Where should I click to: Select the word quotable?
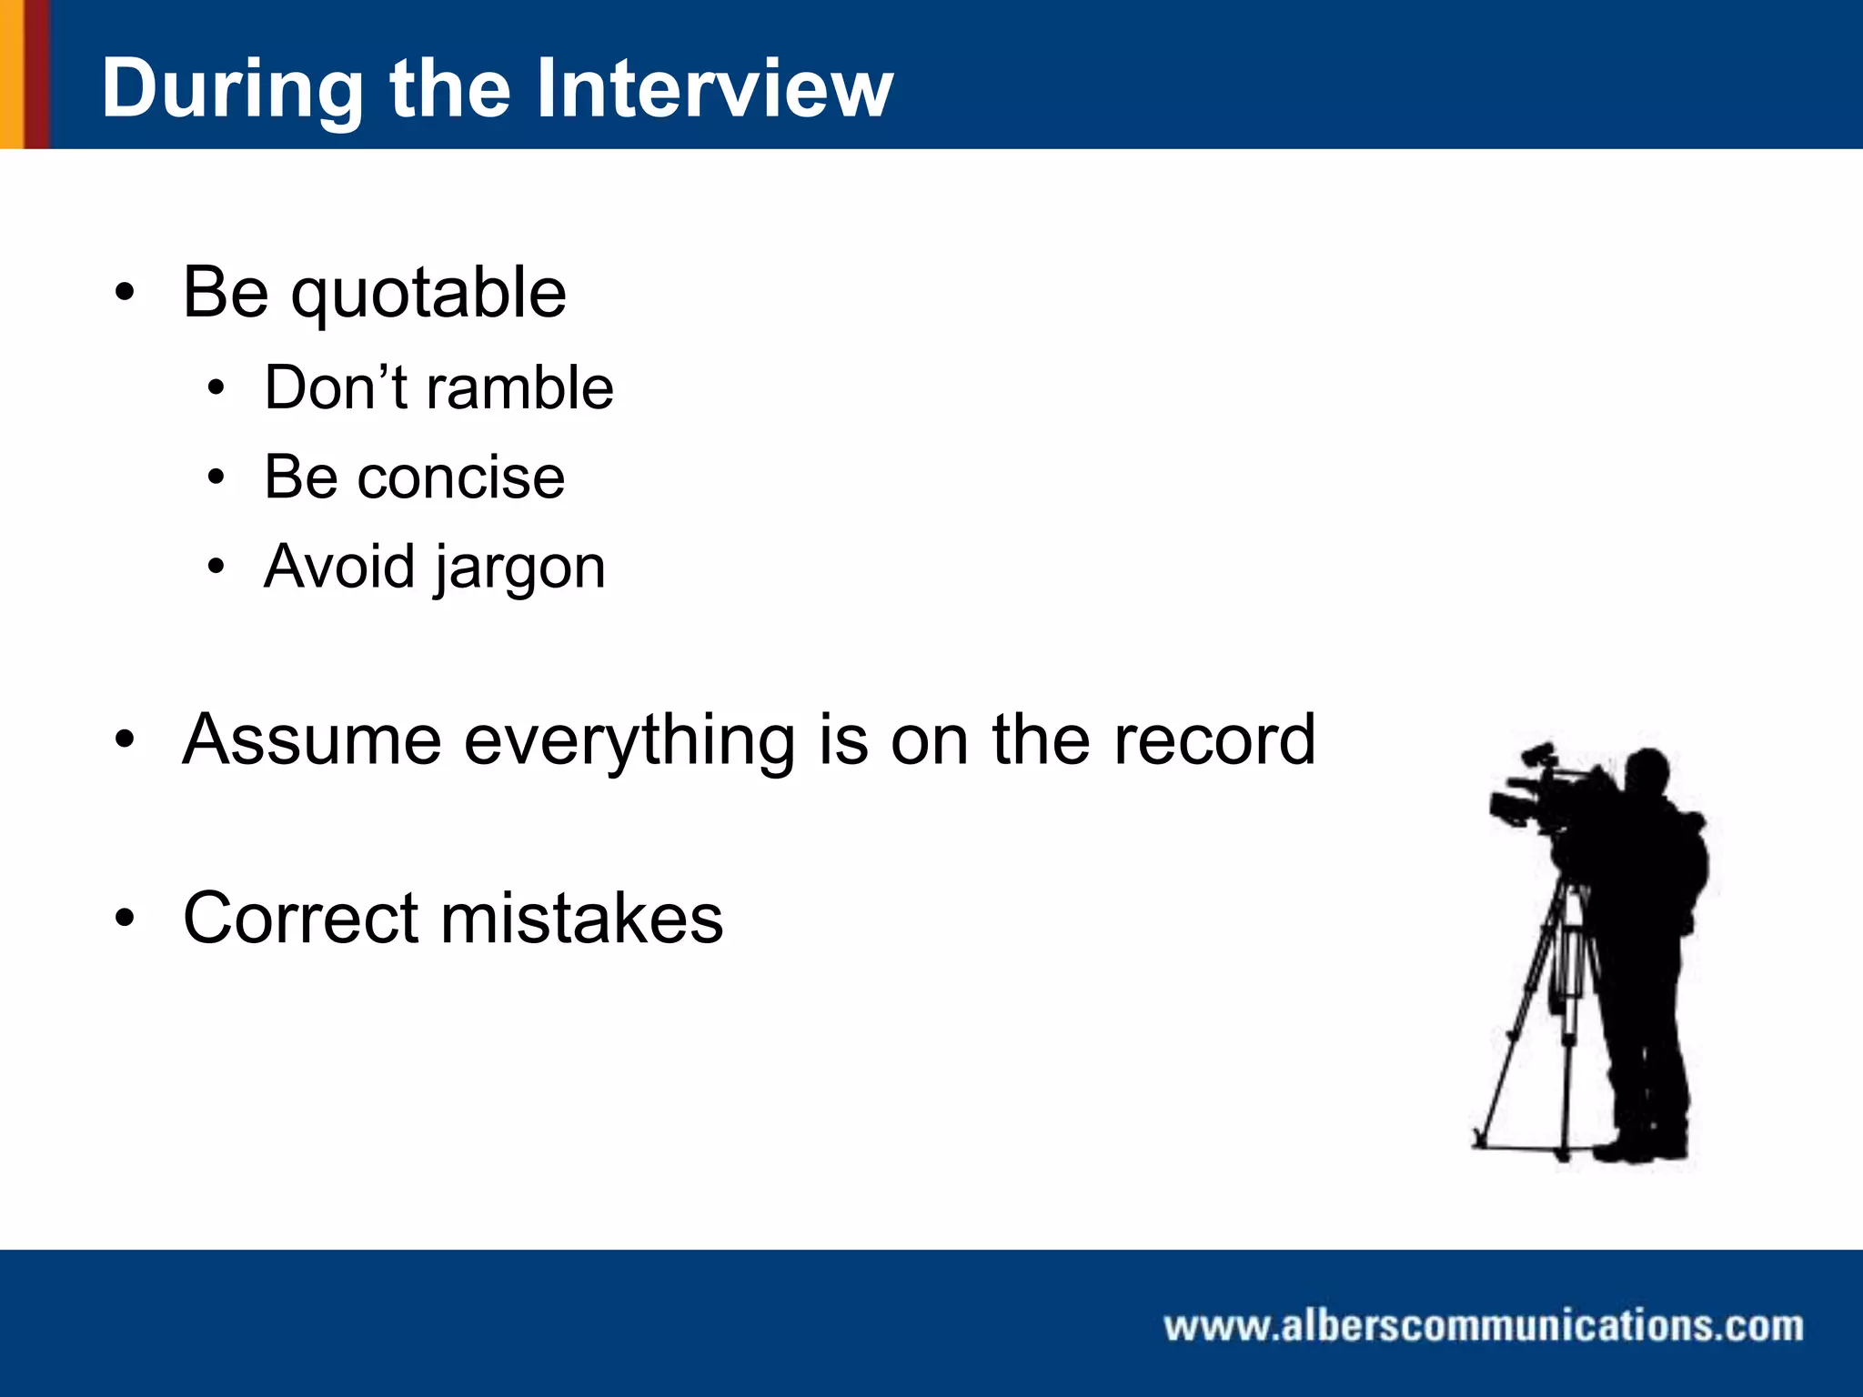pos(428,293)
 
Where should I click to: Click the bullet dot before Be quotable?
pos(125,293)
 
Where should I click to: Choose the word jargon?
pos(519,568)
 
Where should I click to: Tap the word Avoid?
pos(339,567)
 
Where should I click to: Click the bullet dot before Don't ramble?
pos(216,389)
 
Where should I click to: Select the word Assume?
pos(312,739)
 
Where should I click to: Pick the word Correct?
pos(300,918)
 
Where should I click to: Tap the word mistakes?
pos(582,918)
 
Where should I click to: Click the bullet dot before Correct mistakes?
pos(125,918)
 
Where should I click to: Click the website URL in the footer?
pos(1483,1326)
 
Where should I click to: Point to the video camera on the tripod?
pos(1537,796)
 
